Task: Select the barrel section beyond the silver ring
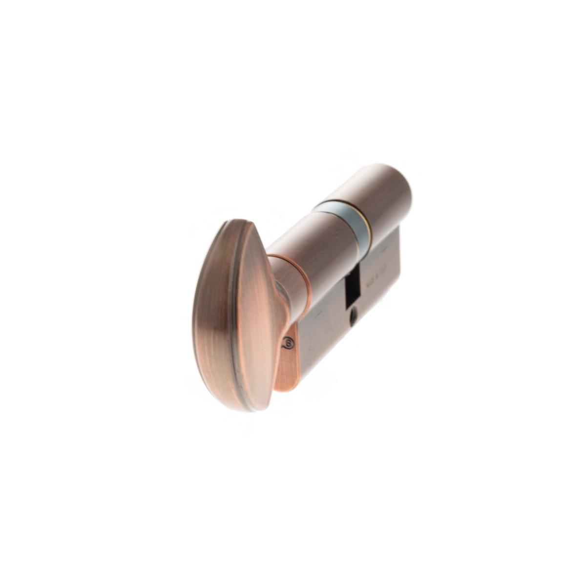coord(386,195)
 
